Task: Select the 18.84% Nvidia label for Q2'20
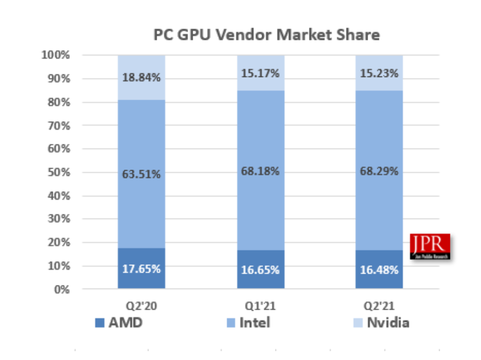[141, 77]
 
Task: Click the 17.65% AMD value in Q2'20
[141, 269]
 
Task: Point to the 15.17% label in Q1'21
[261, 73]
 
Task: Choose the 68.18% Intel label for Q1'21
[261, 171]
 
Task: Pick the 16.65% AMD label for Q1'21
[261, 270]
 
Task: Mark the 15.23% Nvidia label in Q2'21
[379, 73]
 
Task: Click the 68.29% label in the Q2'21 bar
[379, 171]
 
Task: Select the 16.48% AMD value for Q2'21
[379, 270]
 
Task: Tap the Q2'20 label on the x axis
[141, 306]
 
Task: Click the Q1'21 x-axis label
[261, 306]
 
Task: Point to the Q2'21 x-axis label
[379, 306]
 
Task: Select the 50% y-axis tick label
[58, 172]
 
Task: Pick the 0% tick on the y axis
[61, 289]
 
